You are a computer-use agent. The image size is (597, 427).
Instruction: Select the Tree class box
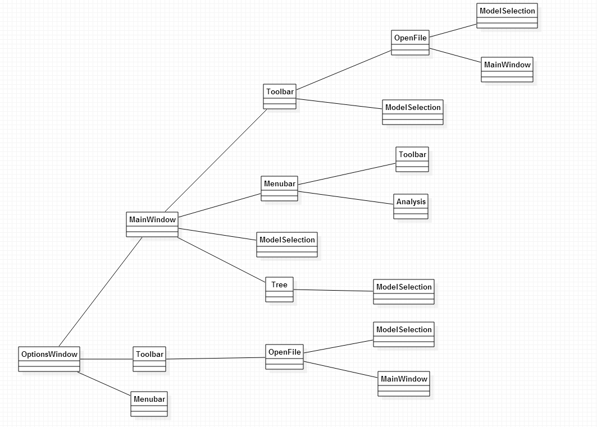tap(279, 290)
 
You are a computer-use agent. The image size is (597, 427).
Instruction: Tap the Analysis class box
tap(411, 206)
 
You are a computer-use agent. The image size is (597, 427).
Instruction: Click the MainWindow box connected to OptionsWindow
tap(152, 224)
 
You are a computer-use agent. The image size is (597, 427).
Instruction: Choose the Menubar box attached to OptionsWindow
tap(149, 404)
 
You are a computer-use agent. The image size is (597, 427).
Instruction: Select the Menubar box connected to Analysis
tap(279, 189)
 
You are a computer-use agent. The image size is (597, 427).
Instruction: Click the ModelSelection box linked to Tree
tap(404, 292)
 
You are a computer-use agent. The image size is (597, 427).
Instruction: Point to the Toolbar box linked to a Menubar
tap(412, 159)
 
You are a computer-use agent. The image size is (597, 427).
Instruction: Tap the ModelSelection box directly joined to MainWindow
tap(287, 245)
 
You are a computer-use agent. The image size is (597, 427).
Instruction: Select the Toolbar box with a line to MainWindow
tap(280, 97)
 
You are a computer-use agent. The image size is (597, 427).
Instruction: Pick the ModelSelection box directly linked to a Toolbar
tap(413, 112)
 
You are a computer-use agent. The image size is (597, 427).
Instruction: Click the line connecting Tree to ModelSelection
tap(334, 291)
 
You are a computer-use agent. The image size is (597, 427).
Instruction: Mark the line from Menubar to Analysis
tap(346, 197)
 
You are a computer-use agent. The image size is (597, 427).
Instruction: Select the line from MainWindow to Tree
tap(222, 259)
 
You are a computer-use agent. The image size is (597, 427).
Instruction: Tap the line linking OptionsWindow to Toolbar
tap(107, 359)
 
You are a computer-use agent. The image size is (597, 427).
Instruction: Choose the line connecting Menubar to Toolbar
tap(347, 173)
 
